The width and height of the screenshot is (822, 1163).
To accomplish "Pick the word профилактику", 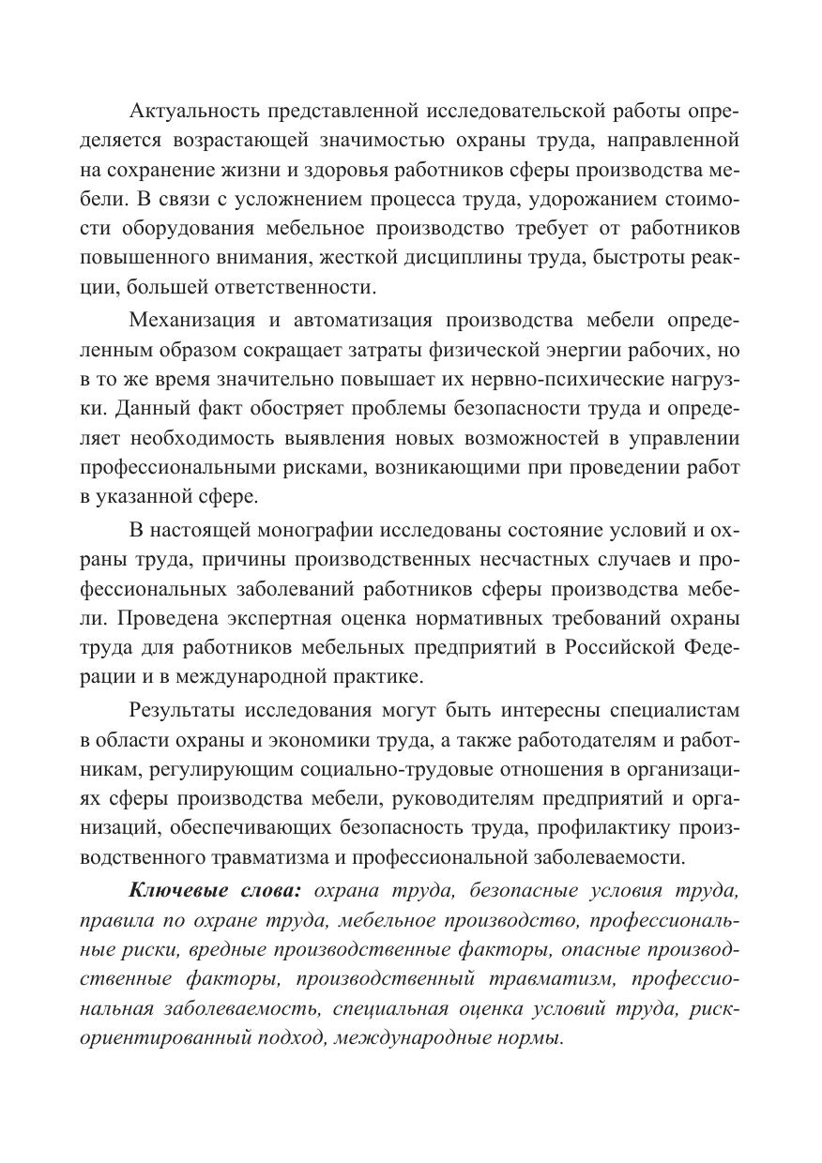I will pos(617,825).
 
